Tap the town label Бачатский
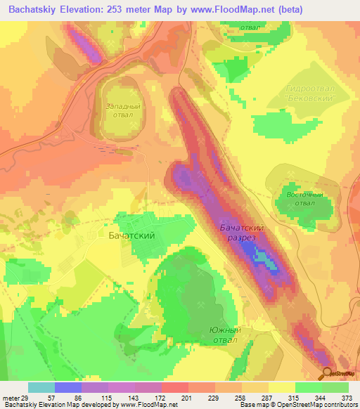tap(131, 236)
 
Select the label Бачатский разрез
tap(241, 233)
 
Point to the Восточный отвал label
tap(304, 199)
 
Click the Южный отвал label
tap(226, 335)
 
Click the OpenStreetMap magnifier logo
tap(328, 373)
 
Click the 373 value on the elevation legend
tap(347, 398)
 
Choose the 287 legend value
tap(267, 398)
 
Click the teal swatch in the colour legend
tap(41, 387)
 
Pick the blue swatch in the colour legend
tap(67, 387)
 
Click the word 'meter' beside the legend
tap(10, 398)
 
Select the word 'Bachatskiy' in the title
tap(35, 10)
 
